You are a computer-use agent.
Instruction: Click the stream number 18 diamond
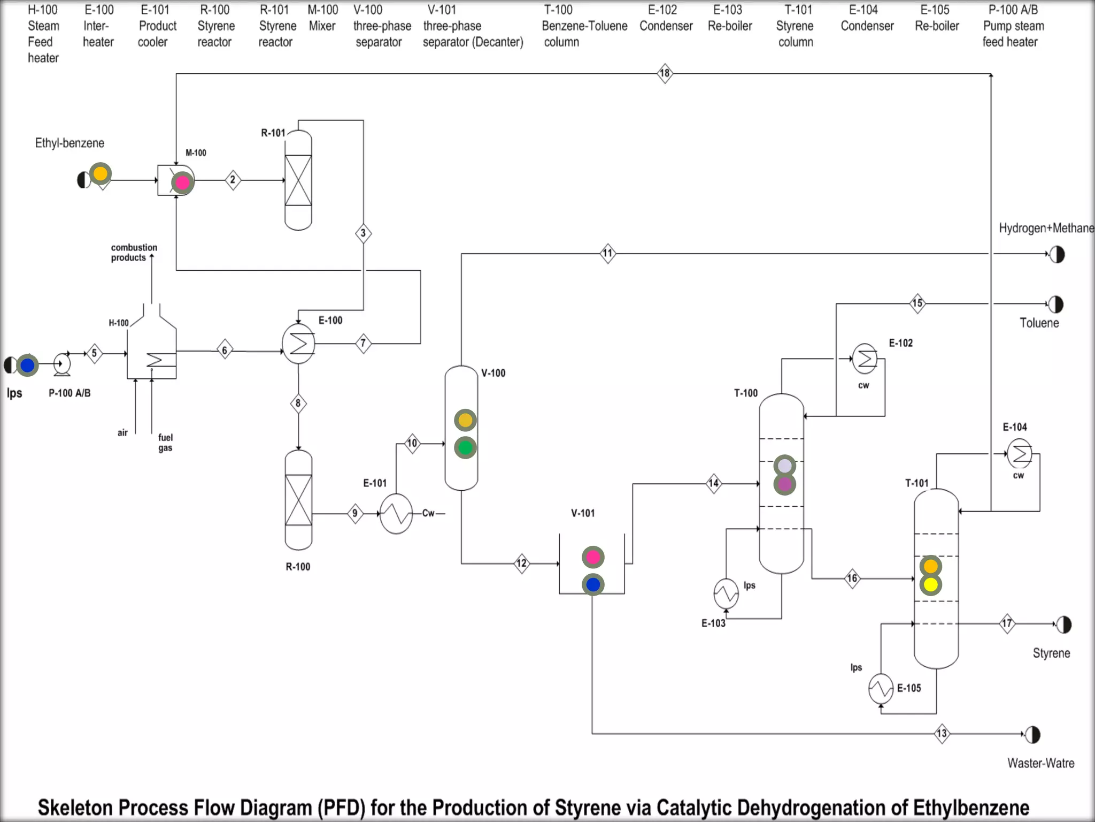(665, 73)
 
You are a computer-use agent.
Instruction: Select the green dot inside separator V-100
(465, 448)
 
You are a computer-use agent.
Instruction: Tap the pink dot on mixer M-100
(182, 183)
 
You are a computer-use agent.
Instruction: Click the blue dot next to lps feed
(27, 366)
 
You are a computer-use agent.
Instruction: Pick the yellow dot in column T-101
(931, 585)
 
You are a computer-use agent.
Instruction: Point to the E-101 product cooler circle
(396, 514)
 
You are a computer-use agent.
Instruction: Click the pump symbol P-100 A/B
(62, 364)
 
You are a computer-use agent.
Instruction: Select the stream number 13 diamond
(942, 733)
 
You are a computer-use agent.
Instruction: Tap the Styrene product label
(1051, 653)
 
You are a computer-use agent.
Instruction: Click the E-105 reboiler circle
(881, 688)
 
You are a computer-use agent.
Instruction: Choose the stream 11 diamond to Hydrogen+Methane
(608, 253)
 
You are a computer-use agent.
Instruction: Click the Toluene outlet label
(1039, 323)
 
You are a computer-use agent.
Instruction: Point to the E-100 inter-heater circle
(298, 344)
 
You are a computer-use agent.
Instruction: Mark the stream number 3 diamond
(364, 233)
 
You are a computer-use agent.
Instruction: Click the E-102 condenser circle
(865, 359)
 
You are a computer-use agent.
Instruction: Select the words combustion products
(134, 253)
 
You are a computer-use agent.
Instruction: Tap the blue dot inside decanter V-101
(593, 585)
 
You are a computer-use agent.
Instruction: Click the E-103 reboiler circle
(726, 593)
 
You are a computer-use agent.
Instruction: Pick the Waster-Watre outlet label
(1040, 763)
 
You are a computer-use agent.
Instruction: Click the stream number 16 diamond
(852, 579)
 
